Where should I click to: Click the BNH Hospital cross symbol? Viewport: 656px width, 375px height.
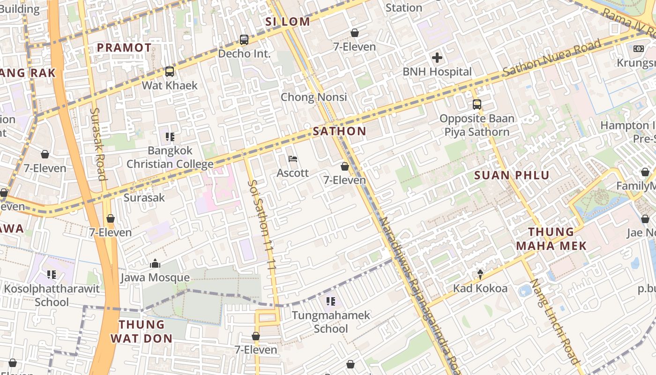[437, 58]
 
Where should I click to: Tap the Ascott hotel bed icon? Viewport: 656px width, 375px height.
[293, 159]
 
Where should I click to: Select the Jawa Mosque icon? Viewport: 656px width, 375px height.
[155, 264]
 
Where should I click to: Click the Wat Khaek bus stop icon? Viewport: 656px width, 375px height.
[170, 72]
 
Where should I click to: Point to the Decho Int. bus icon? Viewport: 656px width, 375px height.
[244, 40]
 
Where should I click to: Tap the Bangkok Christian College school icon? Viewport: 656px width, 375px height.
[170, 137]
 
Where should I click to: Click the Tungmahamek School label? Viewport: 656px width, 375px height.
[331, 322]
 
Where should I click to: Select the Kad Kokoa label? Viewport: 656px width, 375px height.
[480, 288]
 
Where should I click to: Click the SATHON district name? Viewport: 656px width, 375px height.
[339, 131]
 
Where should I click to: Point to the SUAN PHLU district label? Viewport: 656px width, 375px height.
[512, 175]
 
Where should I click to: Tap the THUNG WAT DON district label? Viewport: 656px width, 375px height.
[142, 331]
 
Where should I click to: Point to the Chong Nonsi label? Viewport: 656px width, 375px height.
[314, 97]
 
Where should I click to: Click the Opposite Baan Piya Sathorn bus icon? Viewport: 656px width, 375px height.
[477, 104]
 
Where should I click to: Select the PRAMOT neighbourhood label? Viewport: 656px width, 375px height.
[124, 48]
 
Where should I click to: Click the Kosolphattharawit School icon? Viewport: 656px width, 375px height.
[52, 275]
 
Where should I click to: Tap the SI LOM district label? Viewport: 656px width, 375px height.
[288, 22]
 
